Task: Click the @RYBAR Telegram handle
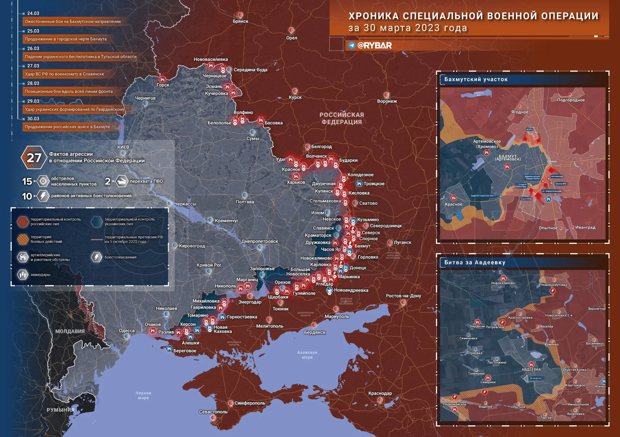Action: point(374,45)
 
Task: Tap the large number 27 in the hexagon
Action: point(34,158)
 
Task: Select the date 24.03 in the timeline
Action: point(33,13)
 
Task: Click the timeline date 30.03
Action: point(33,119)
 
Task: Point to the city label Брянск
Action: point(240,21)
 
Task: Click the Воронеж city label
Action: point(387,101)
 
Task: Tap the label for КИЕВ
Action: point(123,147)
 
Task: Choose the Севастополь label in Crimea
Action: point(213,412)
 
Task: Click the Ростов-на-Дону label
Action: point(403,296)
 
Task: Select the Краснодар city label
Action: point(380,393)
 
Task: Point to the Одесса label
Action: point(127,330)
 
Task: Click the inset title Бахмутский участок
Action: point(476,79)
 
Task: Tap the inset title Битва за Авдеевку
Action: point(475,262)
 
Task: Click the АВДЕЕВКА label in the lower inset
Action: point(531,369)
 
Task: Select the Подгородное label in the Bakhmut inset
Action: point(571,100)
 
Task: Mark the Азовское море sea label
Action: point(307,355)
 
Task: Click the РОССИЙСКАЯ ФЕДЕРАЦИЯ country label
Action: point(341,118)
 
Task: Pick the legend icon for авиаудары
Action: point(23,275)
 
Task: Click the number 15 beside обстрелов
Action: point(27,181)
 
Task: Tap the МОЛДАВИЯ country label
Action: point(70,331)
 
